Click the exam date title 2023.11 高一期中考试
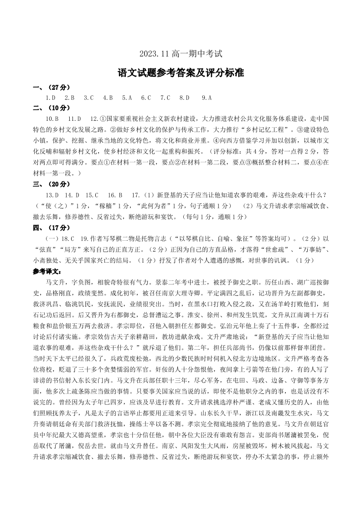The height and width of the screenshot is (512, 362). [181, 54]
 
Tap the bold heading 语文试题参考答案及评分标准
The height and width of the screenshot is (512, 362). [181, 72]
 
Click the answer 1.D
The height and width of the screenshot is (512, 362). [51, 98]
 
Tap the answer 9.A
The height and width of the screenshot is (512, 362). [207, 98]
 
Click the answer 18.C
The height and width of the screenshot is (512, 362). [66, 238]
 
